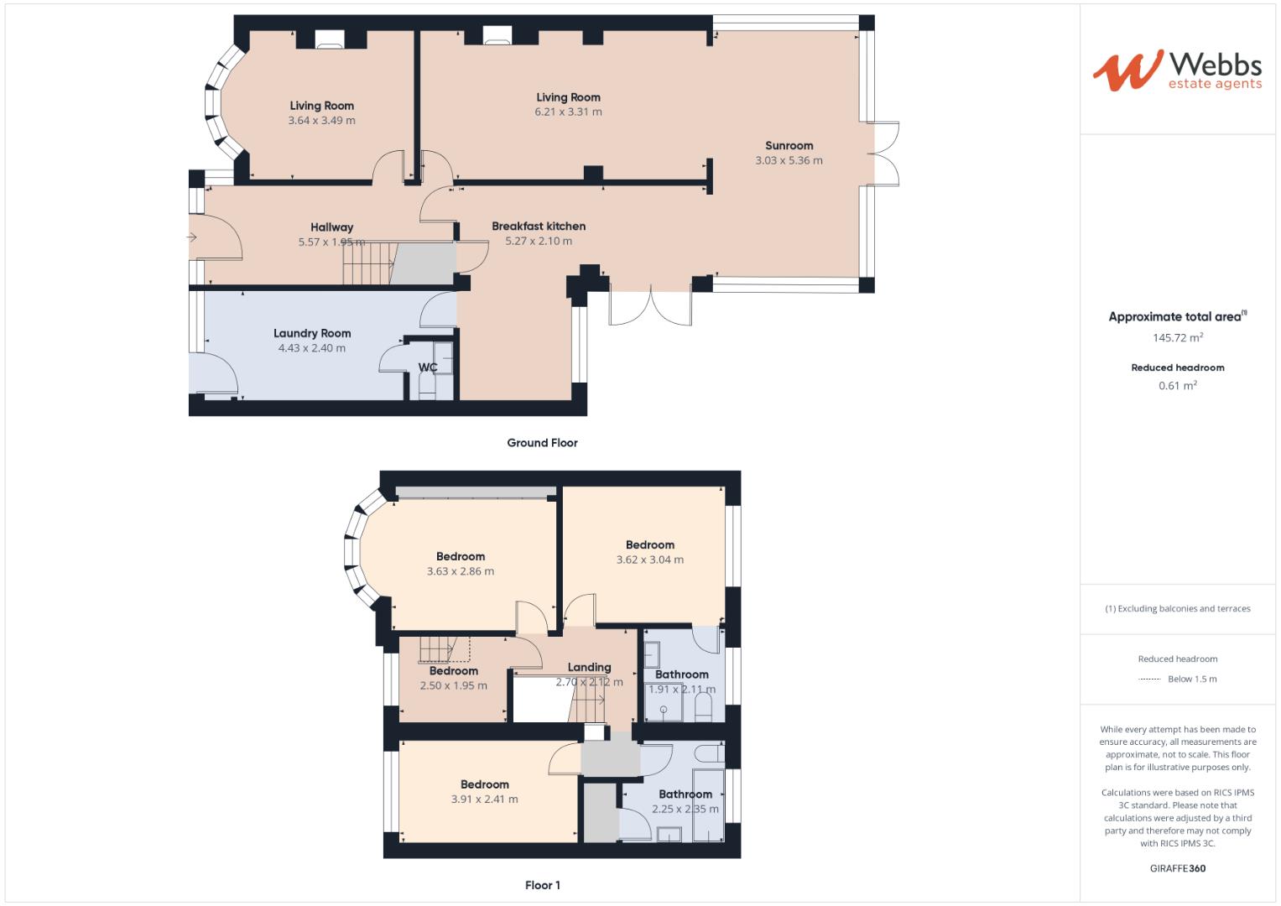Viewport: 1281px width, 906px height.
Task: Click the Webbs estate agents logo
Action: [x=1177, y=70]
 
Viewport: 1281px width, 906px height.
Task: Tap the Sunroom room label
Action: [x=789, y=145]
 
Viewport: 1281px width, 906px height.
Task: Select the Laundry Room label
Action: [x=312, y=333]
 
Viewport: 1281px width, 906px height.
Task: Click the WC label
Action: [x=428, y=367]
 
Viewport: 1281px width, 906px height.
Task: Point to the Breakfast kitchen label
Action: [x=539, y=226]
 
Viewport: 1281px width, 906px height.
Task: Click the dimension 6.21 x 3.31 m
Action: [x=568, y=112]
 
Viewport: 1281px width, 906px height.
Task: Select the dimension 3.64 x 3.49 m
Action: [x=321, y=120]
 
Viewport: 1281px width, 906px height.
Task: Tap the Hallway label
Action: [x=331, y=226]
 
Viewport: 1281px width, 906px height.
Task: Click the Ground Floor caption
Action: [x=542, y=443]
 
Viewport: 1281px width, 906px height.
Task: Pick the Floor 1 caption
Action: [x=542, y=885]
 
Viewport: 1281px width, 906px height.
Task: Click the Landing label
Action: [x=589, y=667]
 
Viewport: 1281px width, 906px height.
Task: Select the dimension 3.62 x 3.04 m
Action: [x=649, y=560]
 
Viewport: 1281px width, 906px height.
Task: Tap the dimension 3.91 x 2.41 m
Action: [x=484, y=799]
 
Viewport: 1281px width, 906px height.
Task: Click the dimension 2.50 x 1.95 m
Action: [x=453, y=685]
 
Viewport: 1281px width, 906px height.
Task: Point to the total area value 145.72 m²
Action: [x=1178, y=338]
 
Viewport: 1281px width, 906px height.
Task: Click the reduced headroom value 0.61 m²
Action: [x=1178, y=386]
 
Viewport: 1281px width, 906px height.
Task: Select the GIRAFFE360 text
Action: [x=1177, y=868]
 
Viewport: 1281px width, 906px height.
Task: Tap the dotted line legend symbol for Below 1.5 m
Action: [x=1148, y=679]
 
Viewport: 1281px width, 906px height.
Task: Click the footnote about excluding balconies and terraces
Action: [x=1177, y=608]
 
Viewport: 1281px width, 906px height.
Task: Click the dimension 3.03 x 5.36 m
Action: [x=789, y=160]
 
